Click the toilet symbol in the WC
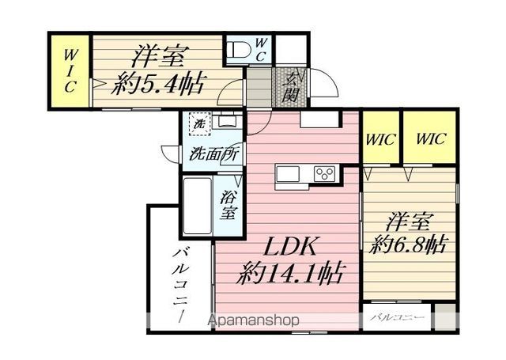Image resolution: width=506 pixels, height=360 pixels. [x=238, y=50]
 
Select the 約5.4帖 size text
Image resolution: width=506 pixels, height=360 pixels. [x=157, y=84]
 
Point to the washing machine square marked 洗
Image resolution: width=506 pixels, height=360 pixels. [x=200, y=123]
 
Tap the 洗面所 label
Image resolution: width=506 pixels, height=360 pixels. [x=214, y=154]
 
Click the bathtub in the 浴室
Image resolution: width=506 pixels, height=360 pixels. [x=198, y=206]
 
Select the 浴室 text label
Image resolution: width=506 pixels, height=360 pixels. [x=228, y=205]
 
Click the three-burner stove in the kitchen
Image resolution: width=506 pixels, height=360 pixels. [x=325, y=174]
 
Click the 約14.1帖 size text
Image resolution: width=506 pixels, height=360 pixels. [x=289, y=274]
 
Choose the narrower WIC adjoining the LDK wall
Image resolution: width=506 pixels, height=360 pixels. [x=381, y=137]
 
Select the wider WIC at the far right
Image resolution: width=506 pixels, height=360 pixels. [x=429, y=137]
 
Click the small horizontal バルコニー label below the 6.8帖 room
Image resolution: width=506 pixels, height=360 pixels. [x=397, y=317]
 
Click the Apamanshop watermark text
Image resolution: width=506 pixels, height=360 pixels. [x=253, y=320]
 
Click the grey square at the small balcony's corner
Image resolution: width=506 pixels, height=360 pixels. [x=444, y=316]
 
